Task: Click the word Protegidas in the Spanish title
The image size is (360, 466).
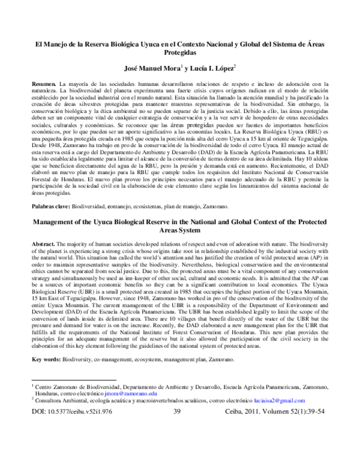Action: point(180,53)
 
